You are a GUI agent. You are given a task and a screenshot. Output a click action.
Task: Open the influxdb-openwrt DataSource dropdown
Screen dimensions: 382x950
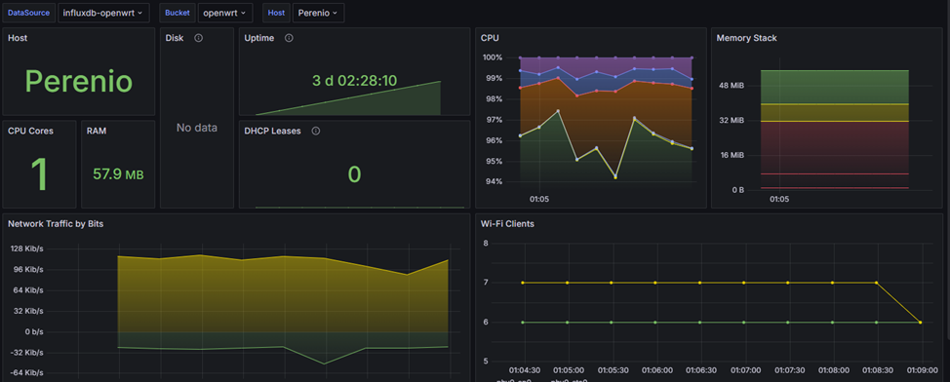(x=102, y=13)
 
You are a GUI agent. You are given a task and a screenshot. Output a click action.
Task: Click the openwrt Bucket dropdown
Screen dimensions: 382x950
(x=225, y=13)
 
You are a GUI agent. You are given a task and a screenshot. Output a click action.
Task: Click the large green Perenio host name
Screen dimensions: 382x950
(x=78, y=81)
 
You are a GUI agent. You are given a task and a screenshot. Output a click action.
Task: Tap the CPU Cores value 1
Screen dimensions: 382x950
(x=39, y=174)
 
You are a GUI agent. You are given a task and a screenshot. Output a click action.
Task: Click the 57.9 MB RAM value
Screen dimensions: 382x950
(x=118, y=174)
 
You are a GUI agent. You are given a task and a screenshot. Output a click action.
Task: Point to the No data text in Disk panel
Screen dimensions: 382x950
(x=196, y=128)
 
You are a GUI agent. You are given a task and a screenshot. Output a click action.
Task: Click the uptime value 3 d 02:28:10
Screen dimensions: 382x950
(x=354, y=80)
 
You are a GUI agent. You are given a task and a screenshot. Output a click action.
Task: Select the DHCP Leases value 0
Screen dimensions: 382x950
(x=354, y=173)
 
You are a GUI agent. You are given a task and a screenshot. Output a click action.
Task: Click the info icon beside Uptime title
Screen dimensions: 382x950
(x=289, y=38)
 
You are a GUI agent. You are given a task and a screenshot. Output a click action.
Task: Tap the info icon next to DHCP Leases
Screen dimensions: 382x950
(x=315, y=131)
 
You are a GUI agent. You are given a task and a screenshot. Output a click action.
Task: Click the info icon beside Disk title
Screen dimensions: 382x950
(x=198, y=38)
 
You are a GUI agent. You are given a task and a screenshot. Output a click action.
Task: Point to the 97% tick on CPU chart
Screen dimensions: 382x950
(x=493, y=120)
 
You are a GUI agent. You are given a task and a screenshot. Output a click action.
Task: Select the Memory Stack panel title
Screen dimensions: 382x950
(x=746, y=38)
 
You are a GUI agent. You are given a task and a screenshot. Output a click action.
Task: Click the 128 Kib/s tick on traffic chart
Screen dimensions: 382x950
(x=26, y=248)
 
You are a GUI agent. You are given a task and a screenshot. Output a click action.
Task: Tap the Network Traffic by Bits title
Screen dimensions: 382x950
(x=56, y=223)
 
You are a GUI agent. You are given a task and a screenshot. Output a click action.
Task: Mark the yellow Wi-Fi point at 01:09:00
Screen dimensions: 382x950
(x=921, y=323)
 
